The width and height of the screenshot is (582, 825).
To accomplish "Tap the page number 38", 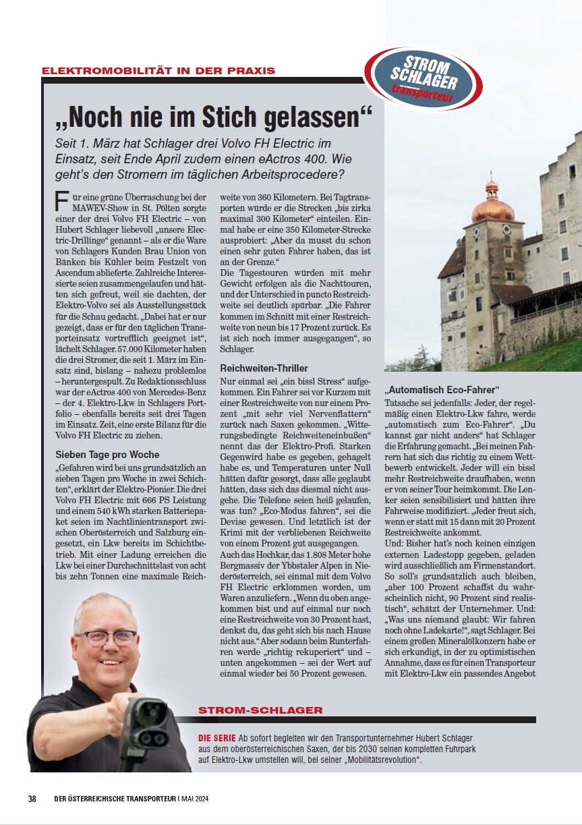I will point(32,799).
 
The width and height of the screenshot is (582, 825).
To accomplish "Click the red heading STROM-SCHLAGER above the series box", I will point(260,710).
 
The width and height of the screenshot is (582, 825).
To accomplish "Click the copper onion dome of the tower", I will point(492,207).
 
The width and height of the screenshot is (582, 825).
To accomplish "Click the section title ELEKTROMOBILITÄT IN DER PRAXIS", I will point(158,71).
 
